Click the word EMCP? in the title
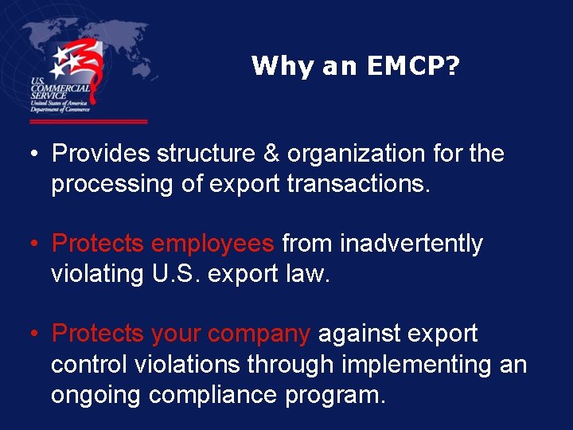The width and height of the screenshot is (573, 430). (x=414, y=66)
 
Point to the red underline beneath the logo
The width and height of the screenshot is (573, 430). (x=88, y=121)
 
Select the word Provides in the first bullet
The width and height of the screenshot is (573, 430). (x=100, y=153)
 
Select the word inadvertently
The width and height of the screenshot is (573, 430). (x=411, y=244)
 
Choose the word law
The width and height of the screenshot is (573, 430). (x=307, y=275)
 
